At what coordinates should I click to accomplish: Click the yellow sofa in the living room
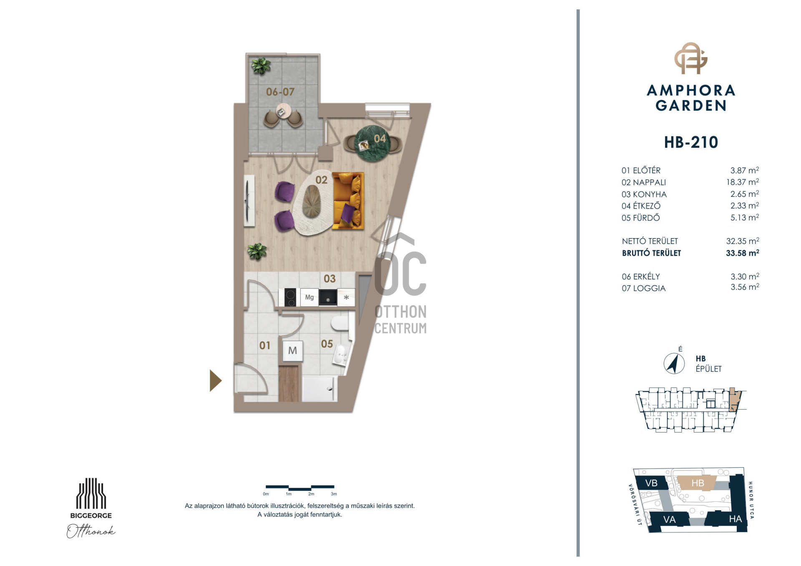coord(348,201)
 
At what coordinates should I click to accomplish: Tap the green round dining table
coord(372,144)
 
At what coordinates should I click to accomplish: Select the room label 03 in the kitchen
coord(330,279)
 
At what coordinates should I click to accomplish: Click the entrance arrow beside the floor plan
coord(215,380)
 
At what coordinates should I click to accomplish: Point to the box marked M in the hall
coord(292,351)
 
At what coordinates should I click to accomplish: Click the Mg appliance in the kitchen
coord(309,297)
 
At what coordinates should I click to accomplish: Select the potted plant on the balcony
coord(261,66)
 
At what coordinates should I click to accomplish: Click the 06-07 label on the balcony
coord(280,92)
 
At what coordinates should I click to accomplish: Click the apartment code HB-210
coord(691,143)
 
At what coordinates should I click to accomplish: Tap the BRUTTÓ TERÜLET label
coord(651,253)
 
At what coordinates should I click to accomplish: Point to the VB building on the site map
coord(651,483)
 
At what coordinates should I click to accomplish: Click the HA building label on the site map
coord(735,519)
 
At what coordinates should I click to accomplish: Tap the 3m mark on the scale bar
coord(334,494)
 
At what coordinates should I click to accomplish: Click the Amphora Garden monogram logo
coord(691,58)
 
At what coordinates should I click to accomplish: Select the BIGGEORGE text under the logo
coord(91,516)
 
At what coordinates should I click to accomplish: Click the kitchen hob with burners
coord(290,297)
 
